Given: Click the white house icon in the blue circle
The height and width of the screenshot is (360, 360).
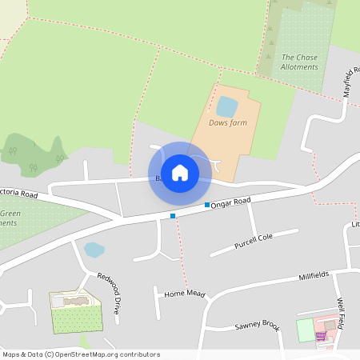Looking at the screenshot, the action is pos(180,173).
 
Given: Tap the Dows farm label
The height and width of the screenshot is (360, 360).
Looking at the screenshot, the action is pos(227,122).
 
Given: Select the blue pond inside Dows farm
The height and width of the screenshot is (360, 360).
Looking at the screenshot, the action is pos(226,106).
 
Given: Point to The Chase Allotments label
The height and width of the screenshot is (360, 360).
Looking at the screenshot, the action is pos(299,62).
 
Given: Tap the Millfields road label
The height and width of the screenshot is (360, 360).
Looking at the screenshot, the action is pos(314,277).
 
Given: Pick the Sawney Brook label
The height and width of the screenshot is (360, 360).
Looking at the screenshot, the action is pos(256,326).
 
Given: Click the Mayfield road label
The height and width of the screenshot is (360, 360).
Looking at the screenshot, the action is pos(351,81).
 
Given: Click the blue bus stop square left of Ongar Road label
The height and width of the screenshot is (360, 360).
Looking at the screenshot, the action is pos(172,216).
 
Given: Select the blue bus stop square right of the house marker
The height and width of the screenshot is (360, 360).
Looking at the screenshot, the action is pos(207,206).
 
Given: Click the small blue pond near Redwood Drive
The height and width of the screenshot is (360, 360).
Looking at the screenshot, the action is pos(94,249).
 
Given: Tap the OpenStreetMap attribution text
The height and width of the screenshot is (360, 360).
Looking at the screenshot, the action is pos(81,354).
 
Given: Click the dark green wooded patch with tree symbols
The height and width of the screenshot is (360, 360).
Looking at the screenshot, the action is pos(35,154).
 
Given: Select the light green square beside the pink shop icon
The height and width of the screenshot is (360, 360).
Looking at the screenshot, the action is pos(306,330).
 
